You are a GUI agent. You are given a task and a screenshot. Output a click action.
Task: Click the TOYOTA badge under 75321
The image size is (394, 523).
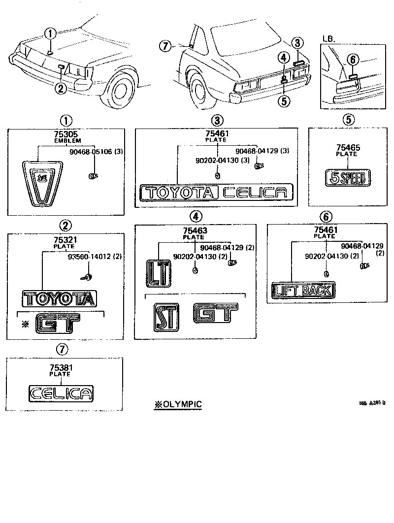[x=60, y=298]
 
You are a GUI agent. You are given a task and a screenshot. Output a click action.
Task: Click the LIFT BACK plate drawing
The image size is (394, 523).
[x=303, y=291]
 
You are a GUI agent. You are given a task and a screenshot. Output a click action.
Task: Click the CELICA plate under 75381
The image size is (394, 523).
[x=61, y=393]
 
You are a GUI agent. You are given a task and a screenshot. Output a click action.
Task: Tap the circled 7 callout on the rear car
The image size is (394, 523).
[x=165, y=46]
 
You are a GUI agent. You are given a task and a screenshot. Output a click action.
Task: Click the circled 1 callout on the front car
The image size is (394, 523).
[x=50, y=34]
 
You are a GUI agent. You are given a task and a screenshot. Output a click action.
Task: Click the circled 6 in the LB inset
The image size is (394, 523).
[x=351, y=60]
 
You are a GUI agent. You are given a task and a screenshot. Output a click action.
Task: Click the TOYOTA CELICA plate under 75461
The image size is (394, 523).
[x=216, y=192]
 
